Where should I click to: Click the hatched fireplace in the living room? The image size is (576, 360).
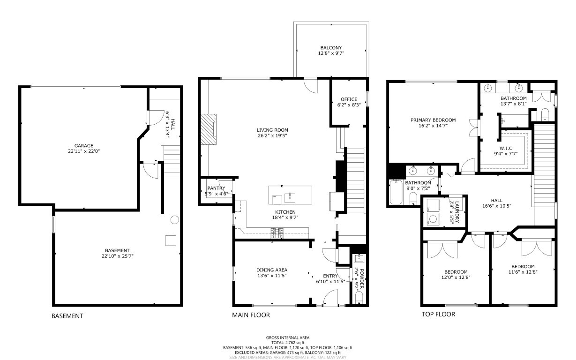pyautogui.click(x=208, y=129)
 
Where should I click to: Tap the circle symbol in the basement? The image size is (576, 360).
pyautogui.click(x=175, y=220)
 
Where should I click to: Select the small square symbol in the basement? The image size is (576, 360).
pyautogui.click(x=171, y=240)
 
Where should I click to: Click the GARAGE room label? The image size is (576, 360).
pyautogui.click(x=84, y=145)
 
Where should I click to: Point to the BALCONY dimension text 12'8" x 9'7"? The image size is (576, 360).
pyautogui.click(x=331, y=53)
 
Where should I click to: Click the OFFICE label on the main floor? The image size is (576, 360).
pyautogui.click(x=349, y=99)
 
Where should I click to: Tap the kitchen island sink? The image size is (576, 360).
pyautogui.click(x=290, y=198)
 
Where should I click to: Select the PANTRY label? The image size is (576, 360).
pyautogui.click(x=216, y=188)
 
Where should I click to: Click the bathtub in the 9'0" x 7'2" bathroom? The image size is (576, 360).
pyautogui.click(x=396, y=192)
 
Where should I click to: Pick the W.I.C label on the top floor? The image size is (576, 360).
pyautogui.click(x=506, y=149)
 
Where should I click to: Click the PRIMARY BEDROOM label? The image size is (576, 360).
pyautogui.click(x=433, y=120)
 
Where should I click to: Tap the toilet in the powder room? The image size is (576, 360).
pyautogui.click(x=359, y=300)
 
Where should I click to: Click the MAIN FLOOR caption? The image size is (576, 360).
pyautogui.click(x=251, y=315)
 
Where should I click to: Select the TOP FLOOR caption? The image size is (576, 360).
pyautogui.click(x=438, y=314)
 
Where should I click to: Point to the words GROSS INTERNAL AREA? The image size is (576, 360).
pyautogui.click(x=288, y=337)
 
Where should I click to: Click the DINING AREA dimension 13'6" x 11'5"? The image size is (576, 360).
pyautogui.click(x=272, y=276)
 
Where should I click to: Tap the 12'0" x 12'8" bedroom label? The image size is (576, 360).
pyautogui.click(x=456, y=275)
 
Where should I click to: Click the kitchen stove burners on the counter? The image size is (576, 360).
pyautogui.click(x=277, y=233)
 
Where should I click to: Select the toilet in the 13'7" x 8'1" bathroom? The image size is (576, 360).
pyautogui.click(x=545, y=115)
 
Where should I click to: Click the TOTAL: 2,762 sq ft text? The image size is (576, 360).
pyautogui.click(x=288, y=343)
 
